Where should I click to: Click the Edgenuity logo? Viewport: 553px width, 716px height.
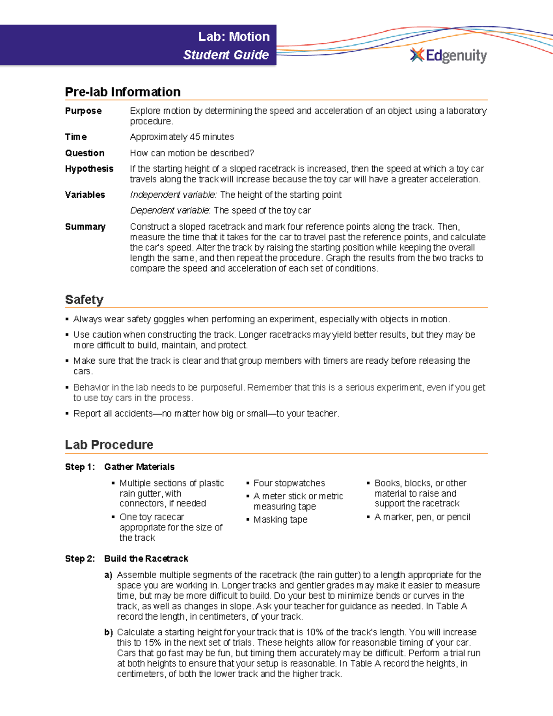point(448,55)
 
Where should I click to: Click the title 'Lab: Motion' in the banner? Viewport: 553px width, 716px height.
point(234,37)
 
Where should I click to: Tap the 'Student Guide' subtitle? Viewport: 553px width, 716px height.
point(226,55)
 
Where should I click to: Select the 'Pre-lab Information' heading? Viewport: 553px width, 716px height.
point(123,92)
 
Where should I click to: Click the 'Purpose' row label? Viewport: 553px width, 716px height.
point(83,111)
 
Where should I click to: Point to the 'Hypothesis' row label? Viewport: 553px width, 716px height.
point(89,169)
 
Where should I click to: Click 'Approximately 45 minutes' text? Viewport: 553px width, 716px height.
point(182,137)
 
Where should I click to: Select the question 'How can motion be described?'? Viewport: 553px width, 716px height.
point(192,153)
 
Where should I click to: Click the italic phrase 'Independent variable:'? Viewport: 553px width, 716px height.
point(173,195)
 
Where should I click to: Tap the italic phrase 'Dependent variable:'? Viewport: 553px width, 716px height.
point(170,211)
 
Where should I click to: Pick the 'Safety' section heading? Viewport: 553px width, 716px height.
point(84,300)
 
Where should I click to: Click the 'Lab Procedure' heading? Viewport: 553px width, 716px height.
point(109,445)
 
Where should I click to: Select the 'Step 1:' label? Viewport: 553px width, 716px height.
point(80,467)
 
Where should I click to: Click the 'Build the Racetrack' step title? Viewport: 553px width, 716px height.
point(146,559)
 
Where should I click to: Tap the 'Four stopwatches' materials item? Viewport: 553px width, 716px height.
point(289,483)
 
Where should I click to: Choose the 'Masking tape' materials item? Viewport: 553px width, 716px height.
point(280,520)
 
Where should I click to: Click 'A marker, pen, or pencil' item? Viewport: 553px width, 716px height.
point(422,517)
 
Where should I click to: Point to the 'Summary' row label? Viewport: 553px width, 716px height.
point(85,227)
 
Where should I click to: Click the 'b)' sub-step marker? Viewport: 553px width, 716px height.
point(108,633)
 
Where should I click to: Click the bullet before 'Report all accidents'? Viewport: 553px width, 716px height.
point(67,414)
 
